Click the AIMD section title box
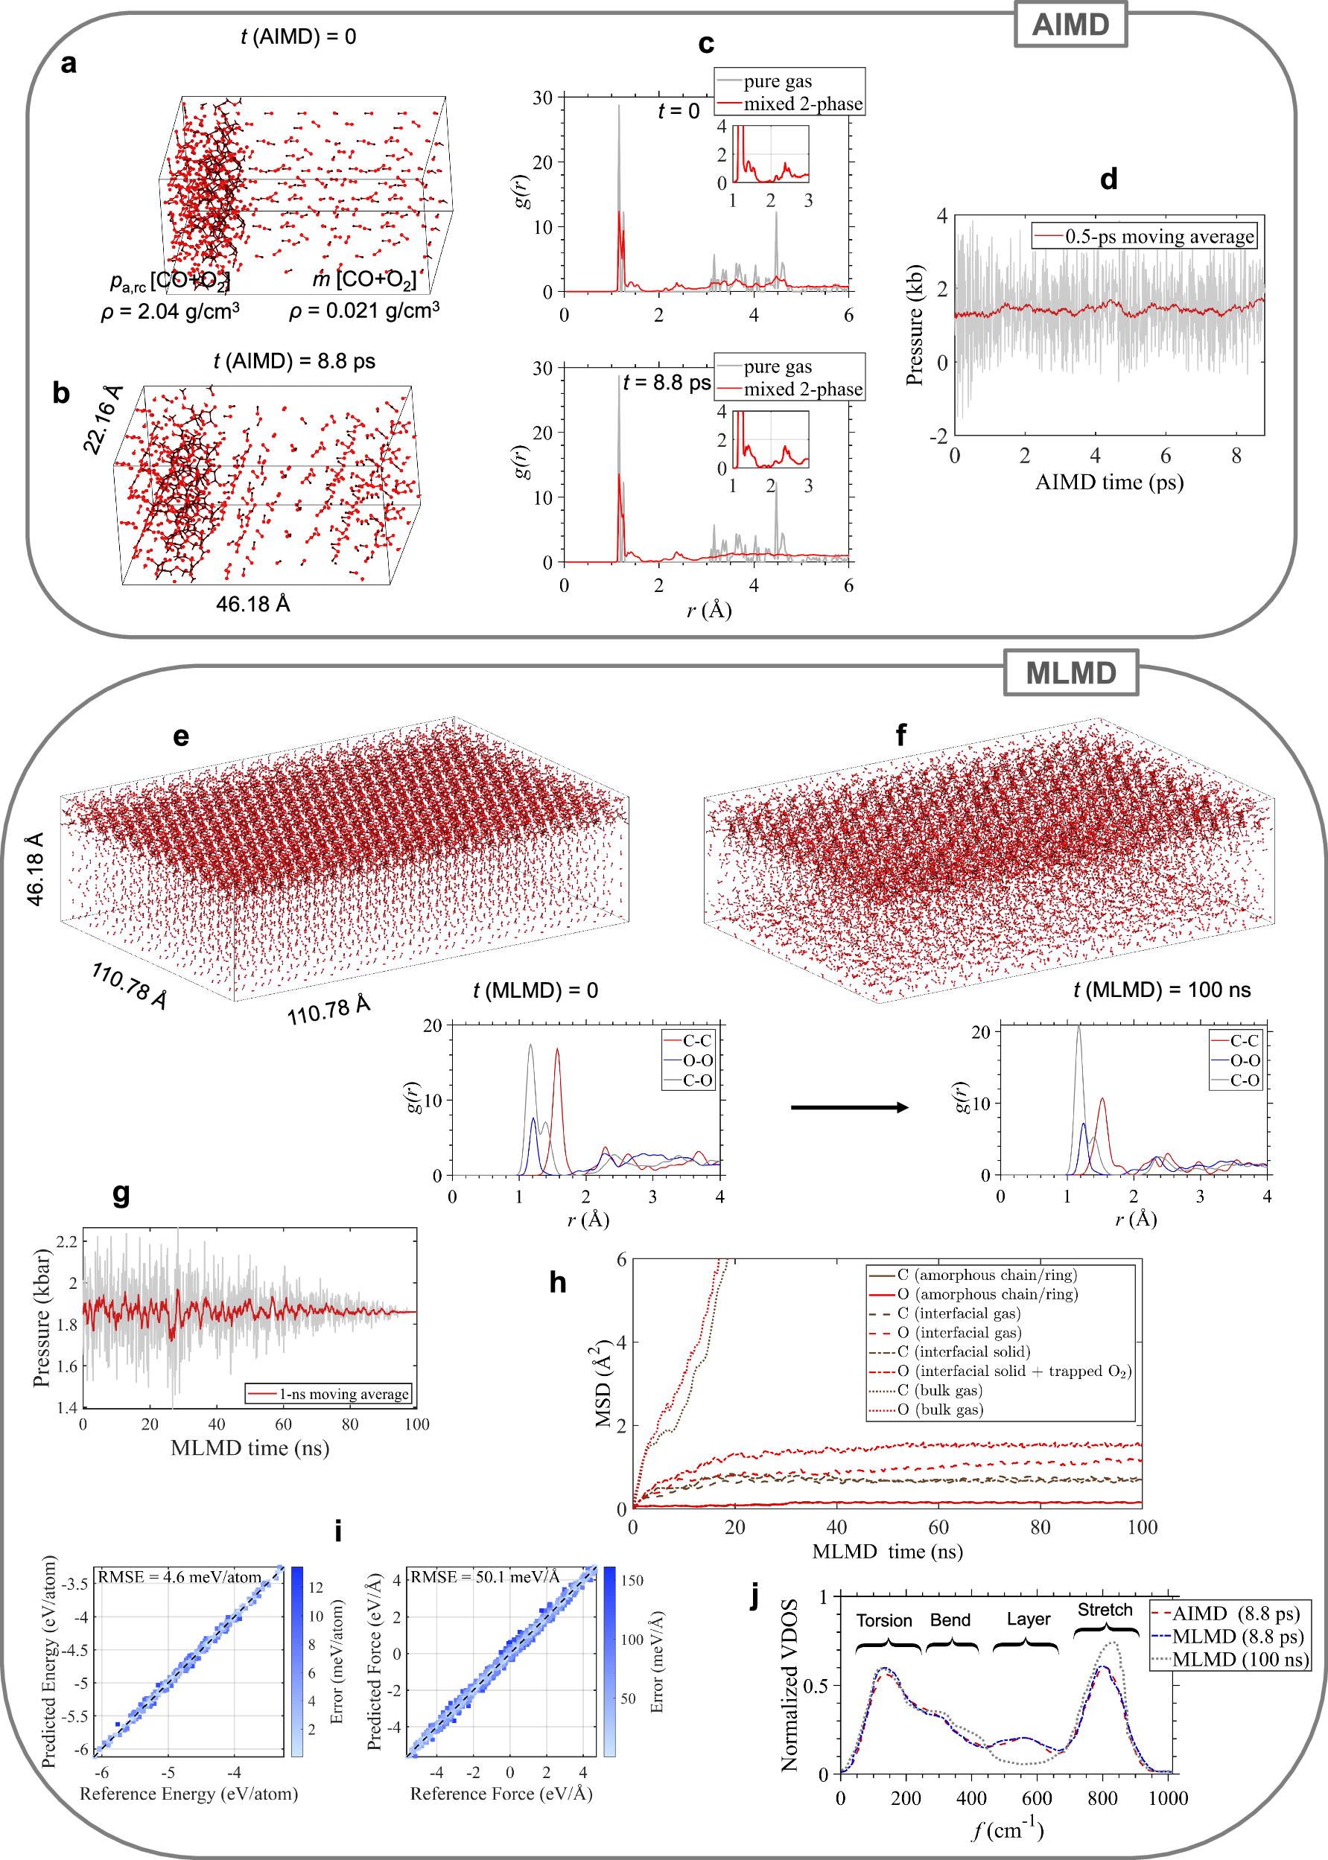coord(1070,25)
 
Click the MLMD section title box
coord(1070,673)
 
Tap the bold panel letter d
coord(1108,179)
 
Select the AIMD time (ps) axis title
coord(1109,482)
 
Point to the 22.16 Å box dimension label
coord(102,418)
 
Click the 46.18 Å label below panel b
coord(252,604)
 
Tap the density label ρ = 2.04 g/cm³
coord(170,311)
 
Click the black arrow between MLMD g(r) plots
coord(849,1107)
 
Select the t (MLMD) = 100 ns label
coord(1161,990)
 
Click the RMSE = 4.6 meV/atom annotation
coord(179,1576)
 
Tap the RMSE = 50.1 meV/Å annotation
coord(484,1576)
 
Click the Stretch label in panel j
coord(1105,1610)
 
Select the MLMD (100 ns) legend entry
coord(1239,1659)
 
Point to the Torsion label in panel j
coord(884,1620)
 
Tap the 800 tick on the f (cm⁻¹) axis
coord(1102,1798)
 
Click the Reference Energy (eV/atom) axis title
coord(188,1793)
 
